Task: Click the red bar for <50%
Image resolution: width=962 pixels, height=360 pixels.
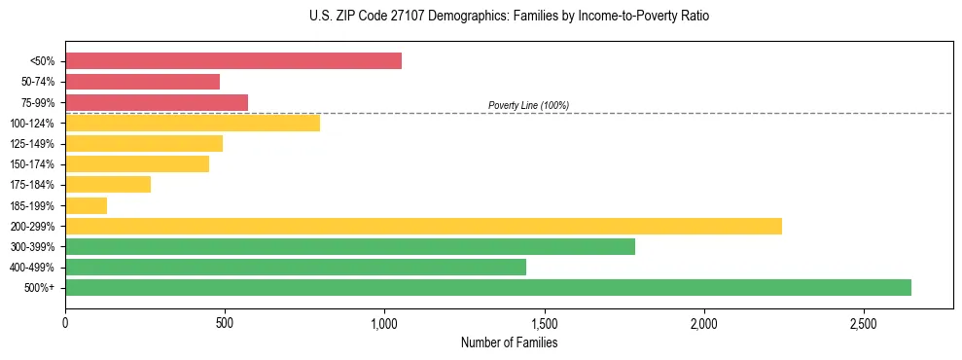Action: (233, 61)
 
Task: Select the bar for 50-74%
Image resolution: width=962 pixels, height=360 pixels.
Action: (142, 82)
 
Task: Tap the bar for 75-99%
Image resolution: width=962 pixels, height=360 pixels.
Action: (157, 102)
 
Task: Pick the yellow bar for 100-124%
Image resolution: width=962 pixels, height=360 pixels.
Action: (193, 123)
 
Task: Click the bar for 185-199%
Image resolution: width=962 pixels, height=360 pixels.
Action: (86, 205)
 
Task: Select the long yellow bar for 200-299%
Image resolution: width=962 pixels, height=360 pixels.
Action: (423, 226)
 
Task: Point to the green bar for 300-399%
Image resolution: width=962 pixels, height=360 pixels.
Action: (350, 246)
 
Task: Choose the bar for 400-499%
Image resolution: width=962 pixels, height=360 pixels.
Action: (296, 267)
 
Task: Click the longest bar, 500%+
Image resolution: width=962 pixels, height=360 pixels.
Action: (488, 287)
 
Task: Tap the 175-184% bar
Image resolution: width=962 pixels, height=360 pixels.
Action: (108, 185)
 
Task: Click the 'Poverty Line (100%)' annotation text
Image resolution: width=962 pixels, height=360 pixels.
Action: (528, 105)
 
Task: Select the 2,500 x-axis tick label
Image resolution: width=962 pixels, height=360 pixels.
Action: (863, 322)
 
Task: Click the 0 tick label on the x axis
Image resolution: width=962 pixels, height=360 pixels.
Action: (65, 322)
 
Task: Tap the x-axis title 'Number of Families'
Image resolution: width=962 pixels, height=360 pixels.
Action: (509, 342)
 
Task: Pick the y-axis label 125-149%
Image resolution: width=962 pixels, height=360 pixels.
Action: (32, 144)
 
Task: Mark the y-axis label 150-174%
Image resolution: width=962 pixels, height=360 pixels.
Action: (32, 164)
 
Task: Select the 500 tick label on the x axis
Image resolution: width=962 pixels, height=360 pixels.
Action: (225, 322)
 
